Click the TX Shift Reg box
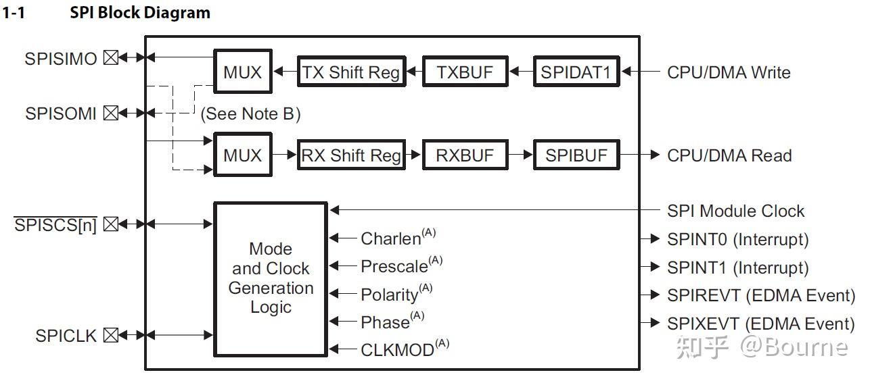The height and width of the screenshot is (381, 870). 351,72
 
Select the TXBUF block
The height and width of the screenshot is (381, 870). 465,72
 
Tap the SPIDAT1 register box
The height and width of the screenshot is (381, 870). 576,72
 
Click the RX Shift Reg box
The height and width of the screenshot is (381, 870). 351,155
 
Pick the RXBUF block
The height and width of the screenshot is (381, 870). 465,155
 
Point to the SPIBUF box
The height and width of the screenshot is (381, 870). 576,155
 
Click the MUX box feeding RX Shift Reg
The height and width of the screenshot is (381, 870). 242,155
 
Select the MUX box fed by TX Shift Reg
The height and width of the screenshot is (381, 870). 242,72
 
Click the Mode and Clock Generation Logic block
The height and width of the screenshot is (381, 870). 271,278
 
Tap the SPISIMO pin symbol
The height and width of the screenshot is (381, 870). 111,58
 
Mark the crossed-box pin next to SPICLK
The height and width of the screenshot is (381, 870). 111,334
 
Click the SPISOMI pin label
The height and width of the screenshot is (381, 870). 61,113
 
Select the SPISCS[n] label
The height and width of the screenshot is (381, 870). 55,224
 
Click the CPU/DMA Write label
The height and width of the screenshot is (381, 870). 729,72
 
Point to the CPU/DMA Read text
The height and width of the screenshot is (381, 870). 729,155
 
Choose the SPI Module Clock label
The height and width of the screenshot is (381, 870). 735,211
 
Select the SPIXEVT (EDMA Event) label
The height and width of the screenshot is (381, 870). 760,324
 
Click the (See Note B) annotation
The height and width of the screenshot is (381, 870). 250,113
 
